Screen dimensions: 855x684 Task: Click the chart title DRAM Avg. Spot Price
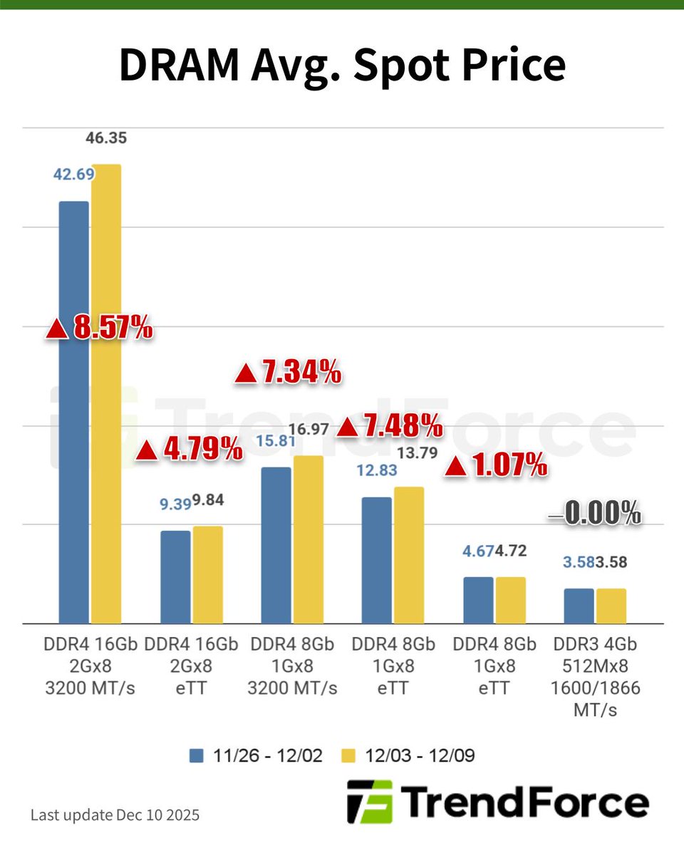coord(342,66)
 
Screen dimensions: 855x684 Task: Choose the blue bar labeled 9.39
coord(175,577)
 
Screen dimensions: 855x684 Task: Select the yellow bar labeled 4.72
coord(510,600)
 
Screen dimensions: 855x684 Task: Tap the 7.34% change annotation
coord(289,373)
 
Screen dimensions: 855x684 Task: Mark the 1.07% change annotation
coord(496,466)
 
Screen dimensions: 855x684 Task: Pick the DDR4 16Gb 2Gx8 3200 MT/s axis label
coord(89,666)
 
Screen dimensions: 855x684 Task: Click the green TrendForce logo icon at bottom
coord(369,802)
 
